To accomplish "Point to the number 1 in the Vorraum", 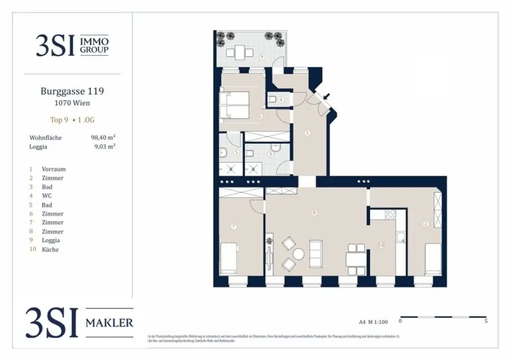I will coord(307,133).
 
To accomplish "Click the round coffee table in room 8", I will coord(298,254).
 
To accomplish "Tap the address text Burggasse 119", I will coord(72,91).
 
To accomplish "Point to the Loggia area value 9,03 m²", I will coord(105,146).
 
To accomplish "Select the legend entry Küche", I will coord(50,249).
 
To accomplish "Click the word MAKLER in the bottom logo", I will coord(110,323).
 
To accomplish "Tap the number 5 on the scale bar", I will coord(486,322).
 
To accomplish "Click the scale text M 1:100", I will coord(382,322).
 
